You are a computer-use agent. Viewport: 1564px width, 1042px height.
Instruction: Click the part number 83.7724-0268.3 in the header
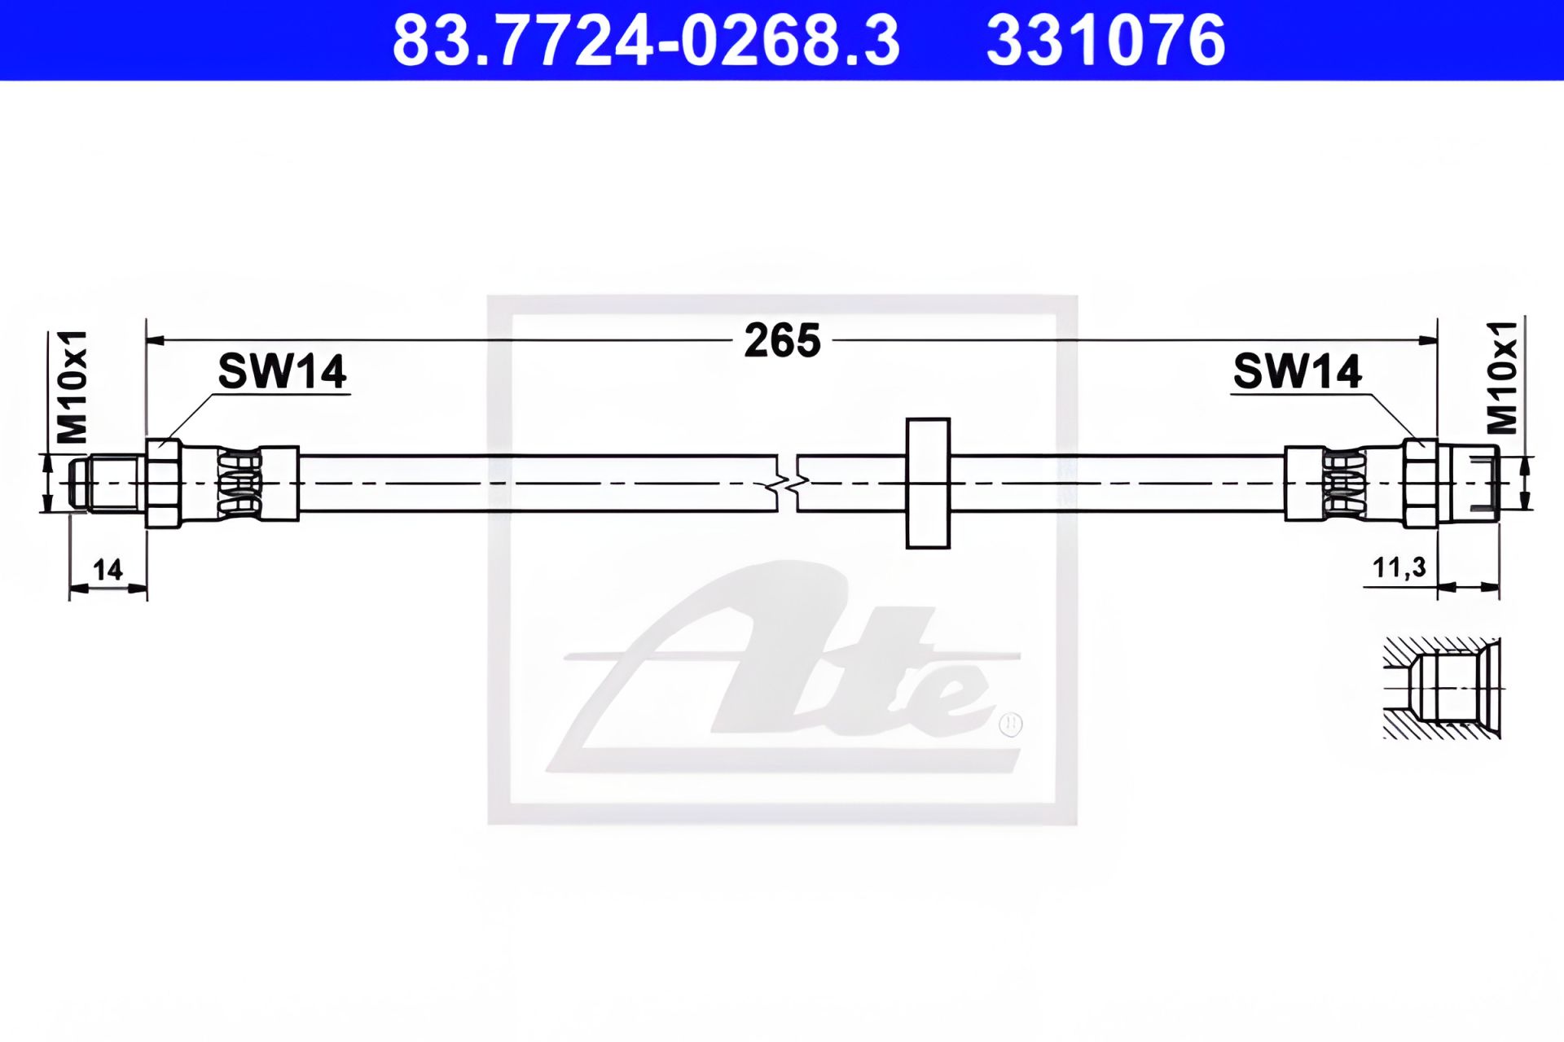(646, 41)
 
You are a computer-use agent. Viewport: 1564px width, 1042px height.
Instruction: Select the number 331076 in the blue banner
(1105, 41)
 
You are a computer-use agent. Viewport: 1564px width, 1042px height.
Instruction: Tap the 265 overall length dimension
(782, 340)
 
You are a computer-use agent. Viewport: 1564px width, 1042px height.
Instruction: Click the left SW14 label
(282, 371)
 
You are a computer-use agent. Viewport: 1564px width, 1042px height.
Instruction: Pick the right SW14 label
(1297, 371)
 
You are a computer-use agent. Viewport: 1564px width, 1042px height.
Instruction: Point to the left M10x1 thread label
(72, 387)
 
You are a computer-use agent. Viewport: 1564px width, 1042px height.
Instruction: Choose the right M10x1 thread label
(1502, 378)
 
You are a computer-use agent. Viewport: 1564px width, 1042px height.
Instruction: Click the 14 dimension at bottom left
(108, 569)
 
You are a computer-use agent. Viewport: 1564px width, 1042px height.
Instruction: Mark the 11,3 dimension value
(1399, 567)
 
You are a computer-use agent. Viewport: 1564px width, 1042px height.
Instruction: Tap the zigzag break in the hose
(787, 484)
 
